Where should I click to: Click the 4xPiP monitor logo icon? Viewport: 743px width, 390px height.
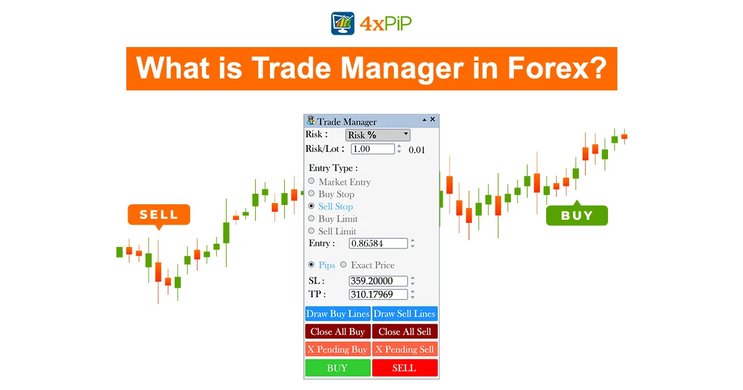(x=342, y=24)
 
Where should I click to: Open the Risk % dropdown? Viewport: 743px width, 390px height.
(x=378, y=135)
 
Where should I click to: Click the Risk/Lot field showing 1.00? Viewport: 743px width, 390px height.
(x=373, y=149)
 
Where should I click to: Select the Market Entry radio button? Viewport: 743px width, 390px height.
(x=311, y=181)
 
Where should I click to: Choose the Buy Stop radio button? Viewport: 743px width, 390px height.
(x=311, y=193)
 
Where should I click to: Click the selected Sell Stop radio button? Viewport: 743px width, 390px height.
(x=311, y=206)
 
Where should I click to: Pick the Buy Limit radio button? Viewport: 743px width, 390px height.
(x=311, y=218)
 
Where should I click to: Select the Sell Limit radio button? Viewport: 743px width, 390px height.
(x=311, y=230)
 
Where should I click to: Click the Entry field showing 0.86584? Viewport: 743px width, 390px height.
(x=378, y=243)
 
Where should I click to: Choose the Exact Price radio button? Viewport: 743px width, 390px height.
(x=343, y=265)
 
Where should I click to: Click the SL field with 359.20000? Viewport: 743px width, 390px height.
(x=378, y=281)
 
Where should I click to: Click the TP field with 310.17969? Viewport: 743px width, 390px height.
(x=378, y=294)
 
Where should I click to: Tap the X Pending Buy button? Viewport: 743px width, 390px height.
(x=337, y=349)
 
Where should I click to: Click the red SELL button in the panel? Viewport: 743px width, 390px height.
(x=405, y=368)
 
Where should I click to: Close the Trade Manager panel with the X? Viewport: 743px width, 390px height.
(x=433, y=119)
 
